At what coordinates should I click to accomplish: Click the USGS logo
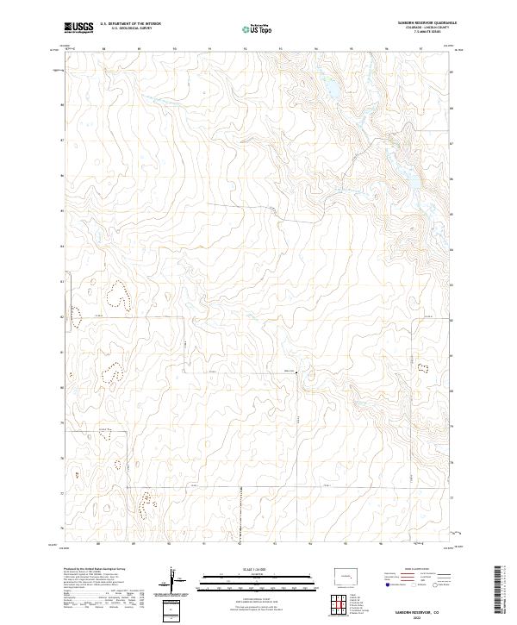click(x=78, y=28)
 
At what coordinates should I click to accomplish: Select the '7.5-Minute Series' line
click(x=429, y=32)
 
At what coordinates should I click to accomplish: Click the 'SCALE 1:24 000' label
click(x=234, y=569)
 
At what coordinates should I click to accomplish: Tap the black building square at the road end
click(x=295, y=373)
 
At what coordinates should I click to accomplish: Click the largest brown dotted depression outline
click(x=115, y=296)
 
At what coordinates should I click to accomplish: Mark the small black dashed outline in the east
click(x=422, y=368)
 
